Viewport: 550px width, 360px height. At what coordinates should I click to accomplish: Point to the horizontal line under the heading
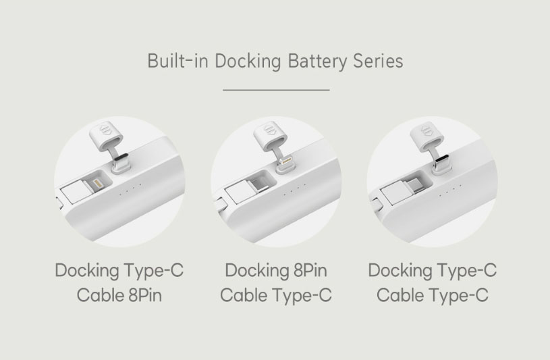point(276,90)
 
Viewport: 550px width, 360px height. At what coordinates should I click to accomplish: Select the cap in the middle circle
point(269,136)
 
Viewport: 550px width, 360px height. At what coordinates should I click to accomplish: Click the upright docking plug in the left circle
point(121,163)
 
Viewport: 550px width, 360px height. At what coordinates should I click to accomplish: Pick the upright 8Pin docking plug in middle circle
point(286,164)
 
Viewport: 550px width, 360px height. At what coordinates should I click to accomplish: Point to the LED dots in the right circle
point(451,190)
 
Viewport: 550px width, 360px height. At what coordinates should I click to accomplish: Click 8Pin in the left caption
point(145,294)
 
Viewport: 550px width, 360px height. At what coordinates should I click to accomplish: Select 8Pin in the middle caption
point(310,270)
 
